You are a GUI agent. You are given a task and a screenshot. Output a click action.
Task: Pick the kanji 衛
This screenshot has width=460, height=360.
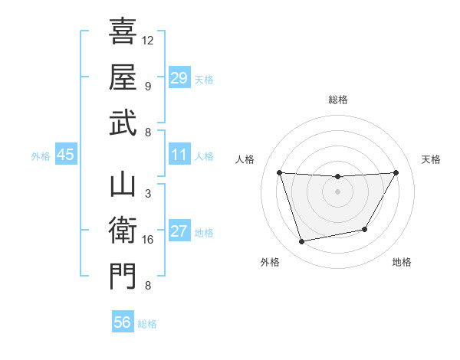pos(123,230)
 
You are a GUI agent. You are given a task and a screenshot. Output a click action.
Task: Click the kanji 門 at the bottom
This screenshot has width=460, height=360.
pos(123,276)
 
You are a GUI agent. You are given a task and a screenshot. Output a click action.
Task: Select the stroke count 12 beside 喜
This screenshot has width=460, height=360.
pos(148,40)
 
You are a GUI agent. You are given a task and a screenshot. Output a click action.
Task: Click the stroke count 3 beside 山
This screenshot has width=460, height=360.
pos(147,194)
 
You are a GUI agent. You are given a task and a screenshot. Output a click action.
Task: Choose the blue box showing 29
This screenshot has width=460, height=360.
pos(179,77)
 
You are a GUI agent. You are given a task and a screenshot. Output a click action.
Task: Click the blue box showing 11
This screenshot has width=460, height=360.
pos(179,155)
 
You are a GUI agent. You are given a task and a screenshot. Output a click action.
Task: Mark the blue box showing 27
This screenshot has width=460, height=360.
pos(179,232)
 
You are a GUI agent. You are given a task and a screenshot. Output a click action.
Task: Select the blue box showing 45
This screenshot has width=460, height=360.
pos(66,155)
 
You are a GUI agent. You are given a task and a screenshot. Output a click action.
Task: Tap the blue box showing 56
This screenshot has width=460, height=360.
pos(123,322)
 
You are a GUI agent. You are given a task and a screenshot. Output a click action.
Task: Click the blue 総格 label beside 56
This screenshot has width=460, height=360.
pos(147,324)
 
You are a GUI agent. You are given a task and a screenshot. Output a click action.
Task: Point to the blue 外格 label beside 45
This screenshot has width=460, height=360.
pos(41,156)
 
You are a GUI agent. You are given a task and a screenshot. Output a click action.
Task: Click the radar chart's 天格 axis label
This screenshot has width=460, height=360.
pos(431,159)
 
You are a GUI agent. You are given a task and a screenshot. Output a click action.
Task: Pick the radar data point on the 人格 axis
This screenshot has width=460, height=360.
pos(280,172)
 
